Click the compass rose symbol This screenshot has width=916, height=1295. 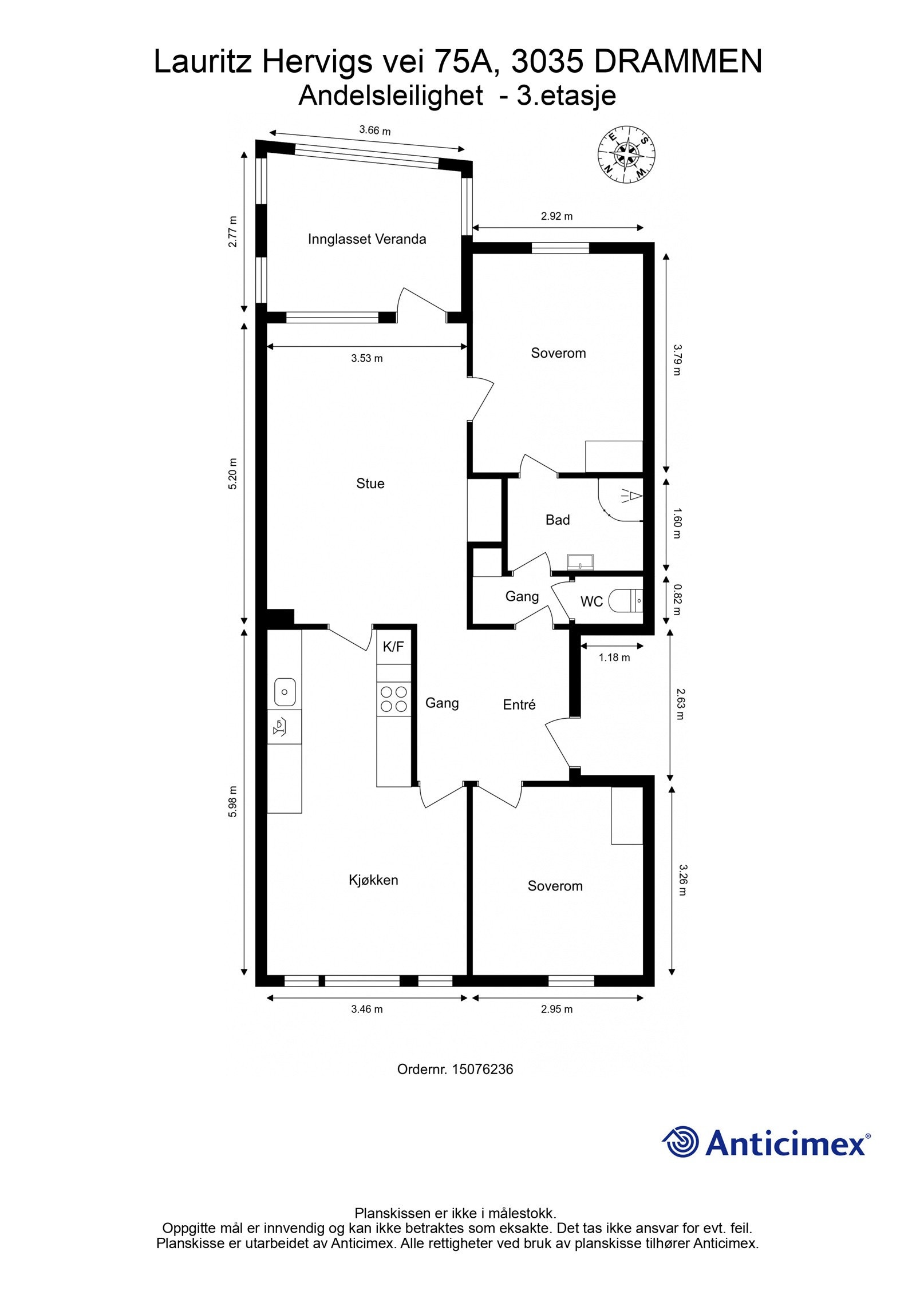pyautogui.click(x=627, y=155)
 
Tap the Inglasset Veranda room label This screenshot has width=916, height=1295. pyautogui.click(x=367, y=239)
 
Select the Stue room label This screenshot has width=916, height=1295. pyautogui.click(x=370, y=484)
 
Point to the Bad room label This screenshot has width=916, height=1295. pyautogui.click(x=557, y=520)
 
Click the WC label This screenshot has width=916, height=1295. pyautogui.click(x=591, y=601)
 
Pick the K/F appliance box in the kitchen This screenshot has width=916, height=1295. pyautogui.click(x=393, y=647)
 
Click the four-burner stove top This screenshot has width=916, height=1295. pyautogui.click(x=393, y=699)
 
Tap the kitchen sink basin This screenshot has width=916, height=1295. pyautogui.click(x=285, y=692)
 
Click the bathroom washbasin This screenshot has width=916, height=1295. pyautogui.click(x=581, y=563)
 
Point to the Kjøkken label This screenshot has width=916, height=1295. pyautogui.click(x=373, y=880)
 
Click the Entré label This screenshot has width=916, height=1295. pyautogui.click(x=519, y=705)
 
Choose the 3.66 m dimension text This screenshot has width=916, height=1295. pyautogui.click(x=375, y=130)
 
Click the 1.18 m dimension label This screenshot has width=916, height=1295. pyautogui.click(x=614, y=658)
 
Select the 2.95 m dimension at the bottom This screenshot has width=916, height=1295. pyautogui.click(x=556, y=1009)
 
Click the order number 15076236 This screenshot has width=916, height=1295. pyautogui.click(x=482, y=1069)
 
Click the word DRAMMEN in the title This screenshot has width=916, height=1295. pyautogui.click(x=678, y=62)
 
